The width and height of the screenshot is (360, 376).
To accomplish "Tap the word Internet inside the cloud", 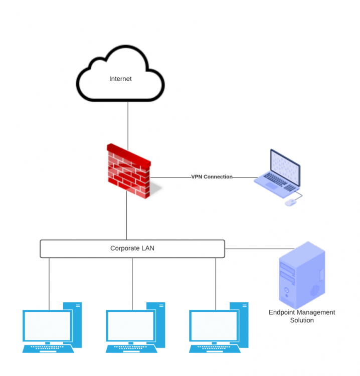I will (x=120, y=79).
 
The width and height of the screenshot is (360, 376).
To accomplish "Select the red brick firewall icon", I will (x=128, y=171).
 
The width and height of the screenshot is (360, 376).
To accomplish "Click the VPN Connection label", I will (x=212, y=177).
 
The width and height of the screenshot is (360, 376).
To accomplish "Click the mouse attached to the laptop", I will (x=290, y=203).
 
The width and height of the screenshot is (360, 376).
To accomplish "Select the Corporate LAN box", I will (x=132, y=248).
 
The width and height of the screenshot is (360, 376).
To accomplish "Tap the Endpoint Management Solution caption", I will (x=302, y=316).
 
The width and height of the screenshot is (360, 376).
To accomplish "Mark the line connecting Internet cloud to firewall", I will (x=128, y=123).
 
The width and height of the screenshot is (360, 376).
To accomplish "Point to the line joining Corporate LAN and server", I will (x=258, y=249).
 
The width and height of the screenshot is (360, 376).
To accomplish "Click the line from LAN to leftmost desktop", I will (x=49, y=281).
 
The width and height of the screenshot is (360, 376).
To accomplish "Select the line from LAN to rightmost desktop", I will (x=216, y=281).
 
